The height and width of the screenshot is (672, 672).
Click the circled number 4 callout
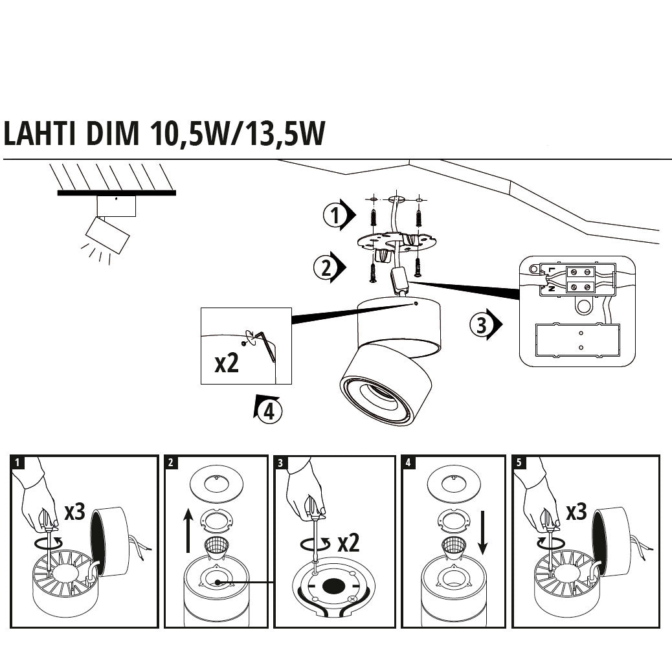coord(269,410)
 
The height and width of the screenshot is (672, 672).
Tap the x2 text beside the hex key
coord(227,364)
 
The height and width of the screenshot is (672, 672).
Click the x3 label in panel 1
coord(74,511)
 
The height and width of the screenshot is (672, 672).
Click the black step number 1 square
coord(17,462)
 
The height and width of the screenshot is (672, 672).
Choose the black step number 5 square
coord(519,462)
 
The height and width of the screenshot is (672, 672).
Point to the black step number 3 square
coord(280,462)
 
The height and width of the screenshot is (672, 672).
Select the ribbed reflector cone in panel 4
coord(453,547)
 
